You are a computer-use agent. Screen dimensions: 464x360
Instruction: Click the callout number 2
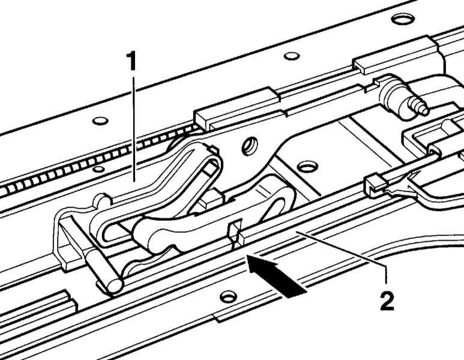coord(387,301)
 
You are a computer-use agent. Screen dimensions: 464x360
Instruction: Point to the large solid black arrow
coord(275,275)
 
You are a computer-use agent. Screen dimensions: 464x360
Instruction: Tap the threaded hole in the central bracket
coord(250,146)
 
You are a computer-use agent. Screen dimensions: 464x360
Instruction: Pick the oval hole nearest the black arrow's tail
coord(228,296)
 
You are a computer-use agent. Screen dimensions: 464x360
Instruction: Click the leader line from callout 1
coord(134,129)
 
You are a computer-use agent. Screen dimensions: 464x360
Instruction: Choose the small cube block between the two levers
coord(211,200)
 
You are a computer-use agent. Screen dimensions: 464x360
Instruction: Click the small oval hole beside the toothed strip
coord(98,169)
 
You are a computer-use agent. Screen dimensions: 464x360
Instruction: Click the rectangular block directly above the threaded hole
coord(237,108)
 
